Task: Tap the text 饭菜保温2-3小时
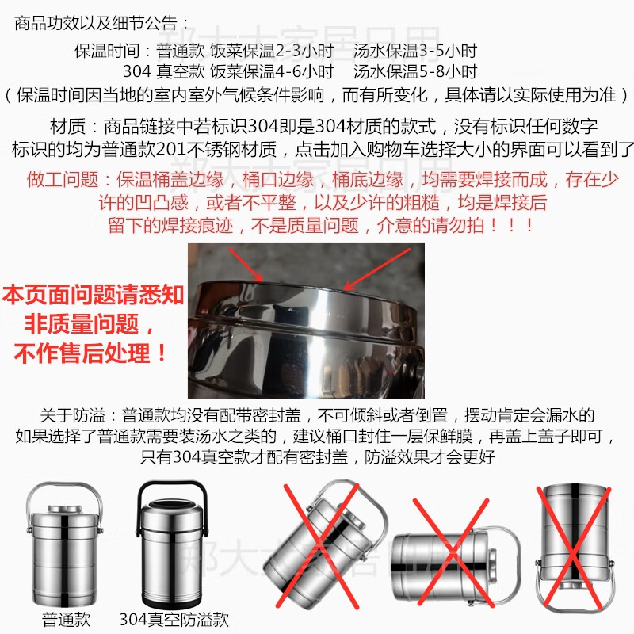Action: point(272,51)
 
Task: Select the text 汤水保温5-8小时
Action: point(415,71)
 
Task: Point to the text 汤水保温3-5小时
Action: point(415,51)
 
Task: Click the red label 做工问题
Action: point(63,180)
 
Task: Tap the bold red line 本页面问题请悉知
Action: point(94,295)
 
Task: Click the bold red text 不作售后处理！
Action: point(90,353)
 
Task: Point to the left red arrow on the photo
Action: point(246,265)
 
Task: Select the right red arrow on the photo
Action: point(377,269)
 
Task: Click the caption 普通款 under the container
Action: point(67,620)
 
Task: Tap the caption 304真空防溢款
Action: point(174,620)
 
